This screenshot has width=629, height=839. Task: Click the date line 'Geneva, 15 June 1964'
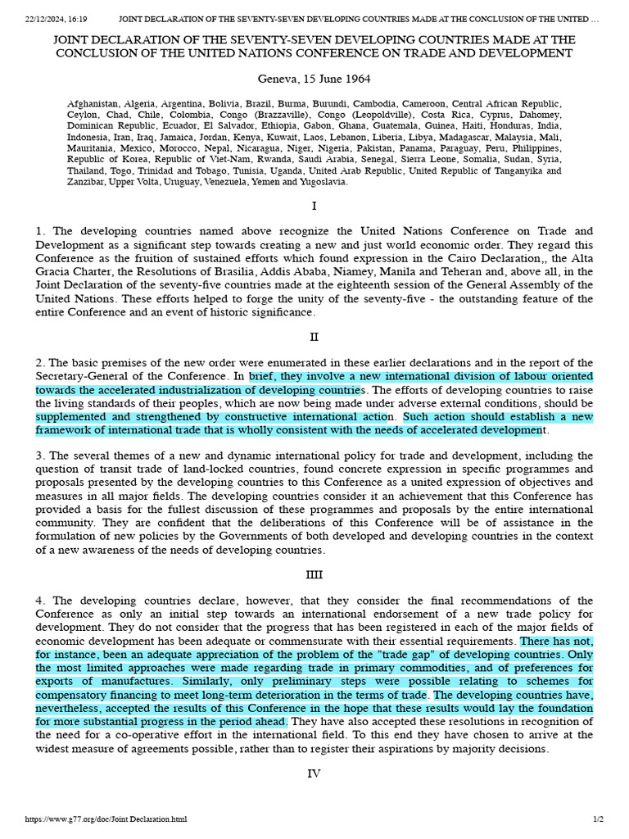314,79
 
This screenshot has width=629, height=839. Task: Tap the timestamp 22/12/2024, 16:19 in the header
56,19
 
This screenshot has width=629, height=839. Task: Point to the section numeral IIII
314,575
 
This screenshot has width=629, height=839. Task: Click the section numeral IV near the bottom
314,773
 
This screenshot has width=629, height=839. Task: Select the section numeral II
314,337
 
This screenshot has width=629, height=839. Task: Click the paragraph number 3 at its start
38,456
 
